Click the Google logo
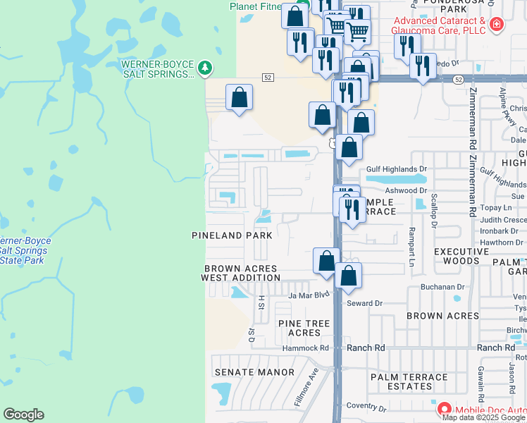click(x=23, y=415)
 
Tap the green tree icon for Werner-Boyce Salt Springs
click(x=205, y=68)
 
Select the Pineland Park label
click(x=232, y=235)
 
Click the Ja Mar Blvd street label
click(x=309, y=295)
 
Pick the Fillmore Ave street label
click(x=306, y=391)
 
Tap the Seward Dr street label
click(x=364, y=303)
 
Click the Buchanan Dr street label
click(x=443, y=287)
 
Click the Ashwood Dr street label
click(x=407, y=190)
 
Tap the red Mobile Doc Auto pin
click(x=445, y=409)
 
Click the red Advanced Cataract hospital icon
click(x=497, y=25)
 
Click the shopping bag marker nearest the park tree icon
click(x=240, y=97)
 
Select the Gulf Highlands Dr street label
click(x=397, y=169)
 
